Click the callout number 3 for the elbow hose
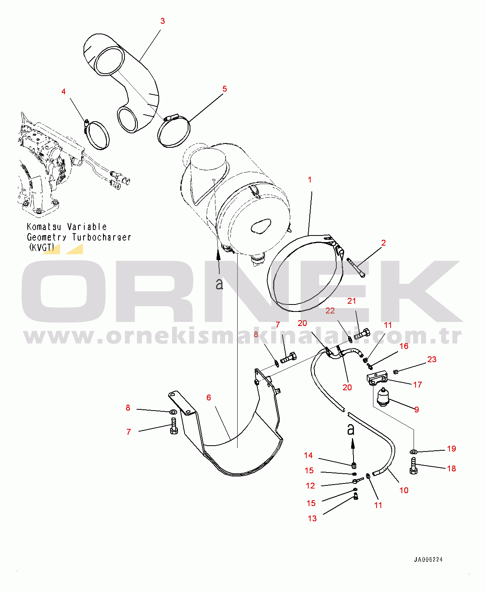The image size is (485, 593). [163, 21]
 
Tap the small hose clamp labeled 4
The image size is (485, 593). [98, 135]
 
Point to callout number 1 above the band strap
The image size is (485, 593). [310, 180]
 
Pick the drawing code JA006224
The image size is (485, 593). [428, 559]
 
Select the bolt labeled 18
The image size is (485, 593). [414, 466]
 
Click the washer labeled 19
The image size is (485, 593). [414, 451]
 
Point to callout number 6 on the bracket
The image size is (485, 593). [209, 397]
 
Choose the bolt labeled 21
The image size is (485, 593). [362, 334]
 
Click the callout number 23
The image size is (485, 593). [432, 359]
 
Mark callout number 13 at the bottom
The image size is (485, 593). [312, 519]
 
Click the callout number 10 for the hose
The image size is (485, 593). [404, 490]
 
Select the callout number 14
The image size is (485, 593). [308, 455]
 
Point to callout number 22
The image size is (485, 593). [330, 311]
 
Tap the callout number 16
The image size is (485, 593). [404, 346]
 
